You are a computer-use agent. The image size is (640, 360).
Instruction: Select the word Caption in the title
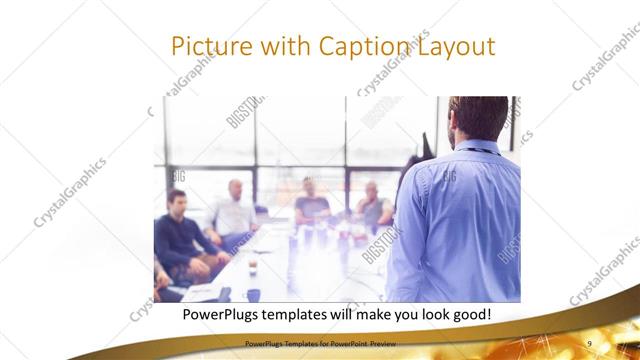[x=361, y=47]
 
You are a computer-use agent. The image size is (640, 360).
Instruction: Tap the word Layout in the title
[x=454, y=47]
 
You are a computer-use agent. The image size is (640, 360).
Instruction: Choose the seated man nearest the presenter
[x=374, y=205]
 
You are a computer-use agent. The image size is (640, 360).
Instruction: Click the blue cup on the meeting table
[x=253, y=294]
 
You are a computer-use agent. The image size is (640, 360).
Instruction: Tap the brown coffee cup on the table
[x=252, y=264]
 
